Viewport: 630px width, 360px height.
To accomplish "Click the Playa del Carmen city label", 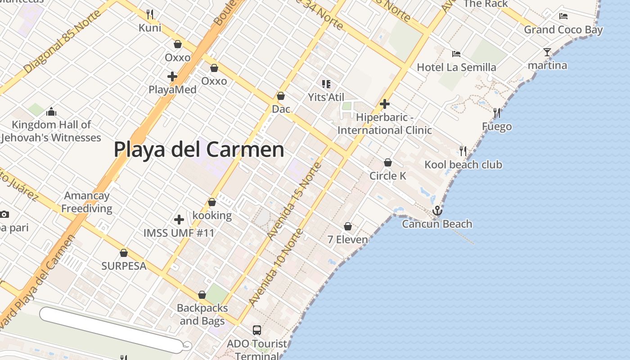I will point(198,150).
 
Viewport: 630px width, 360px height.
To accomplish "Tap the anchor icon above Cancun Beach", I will point(437,211).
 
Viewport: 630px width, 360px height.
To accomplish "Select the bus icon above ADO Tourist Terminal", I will point(256,330).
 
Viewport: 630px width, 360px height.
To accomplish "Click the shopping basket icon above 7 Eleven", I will point(348,226).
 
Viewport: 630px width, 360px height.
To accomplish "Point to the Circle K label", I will point(387,176).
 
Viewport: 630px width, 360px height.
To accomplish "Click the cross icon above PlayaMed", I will point(172,76).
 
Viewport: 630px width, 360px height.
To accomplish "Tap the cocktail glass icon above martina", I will point(547,52).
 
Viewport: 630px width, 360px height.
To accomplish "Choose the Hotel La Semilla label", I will point(456,67).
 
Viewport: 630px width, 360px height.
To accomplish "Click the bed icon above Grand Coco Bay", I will point(563,16).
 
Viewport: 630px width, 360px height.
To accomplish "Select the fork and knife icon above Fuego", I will point(496,112).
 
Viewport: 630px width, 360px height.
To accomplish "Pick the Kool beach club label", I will point(463,165).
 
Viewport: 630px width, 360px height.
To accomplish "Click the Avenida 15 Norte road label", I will point(294,201).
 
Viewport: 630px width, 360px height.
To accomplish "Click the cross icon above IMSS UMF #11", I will point(179,220).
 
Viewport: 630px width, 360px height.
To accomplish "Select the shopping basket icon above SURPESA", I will point(124,253).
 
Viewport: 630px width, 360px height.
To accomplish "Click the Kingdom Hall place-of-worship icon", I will point(51,111).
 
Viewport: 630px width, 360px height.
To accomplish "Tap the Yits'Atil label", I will point(326,97).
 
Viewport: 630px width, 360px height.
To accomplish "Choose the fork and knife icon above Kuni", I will point(150,14).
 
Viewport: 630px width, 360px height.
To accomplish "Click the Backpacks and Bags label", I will point(202,315).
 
